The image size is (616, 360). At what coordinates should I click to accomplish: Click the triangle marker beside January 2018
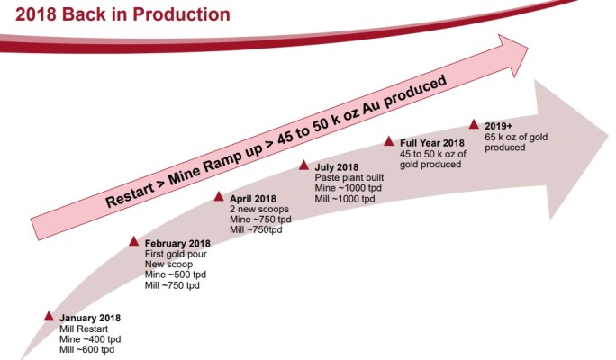[x=49, y=316]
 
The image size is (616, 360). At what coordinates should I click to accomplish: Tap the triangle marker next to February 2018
[x=134, y=241]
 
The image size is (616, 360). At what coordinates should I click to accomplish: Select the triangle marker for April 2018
[x=219, y=195]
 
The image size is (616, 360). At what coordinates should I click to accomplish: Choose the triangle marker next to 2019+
[x=474, y=123]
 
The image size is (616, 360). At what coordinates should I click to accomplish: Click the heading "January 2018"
[x=90, y=318]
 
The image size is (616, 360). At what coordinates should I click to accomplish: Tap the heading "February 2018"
[x=177, y=243]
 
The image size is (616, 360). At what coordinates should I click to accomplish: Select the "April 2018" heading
[x=254, y=197]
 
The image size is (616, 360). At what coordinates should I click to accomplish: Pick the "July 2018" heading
[x=336, y=166]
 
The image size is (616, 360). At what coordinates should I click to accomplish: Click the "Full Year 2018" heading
[x=431, y=142]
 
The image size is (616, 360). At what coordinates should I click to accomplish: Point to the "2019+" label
[x=499, y=125]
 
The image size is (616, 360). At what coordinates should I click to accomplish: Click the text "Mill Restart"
[x=84, y=328]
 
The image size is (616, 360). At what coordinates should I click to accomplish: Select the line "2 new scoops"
[x=258, y=208]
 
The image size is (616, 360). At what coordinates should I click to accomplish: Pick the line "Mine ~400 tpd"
[x=90, y=339]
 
